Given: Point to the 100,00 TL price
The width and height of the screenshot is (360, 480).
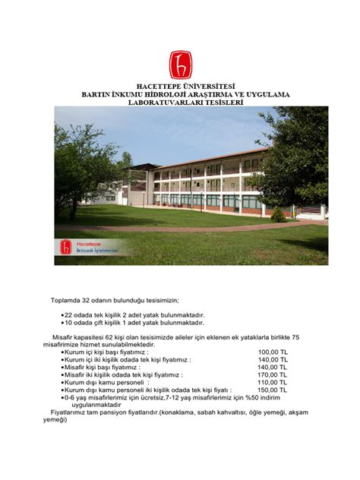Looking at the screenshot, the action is pos(272,352).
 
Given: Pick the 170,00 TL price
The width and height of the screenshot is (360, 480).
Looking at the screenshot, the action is pos(272,374).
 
